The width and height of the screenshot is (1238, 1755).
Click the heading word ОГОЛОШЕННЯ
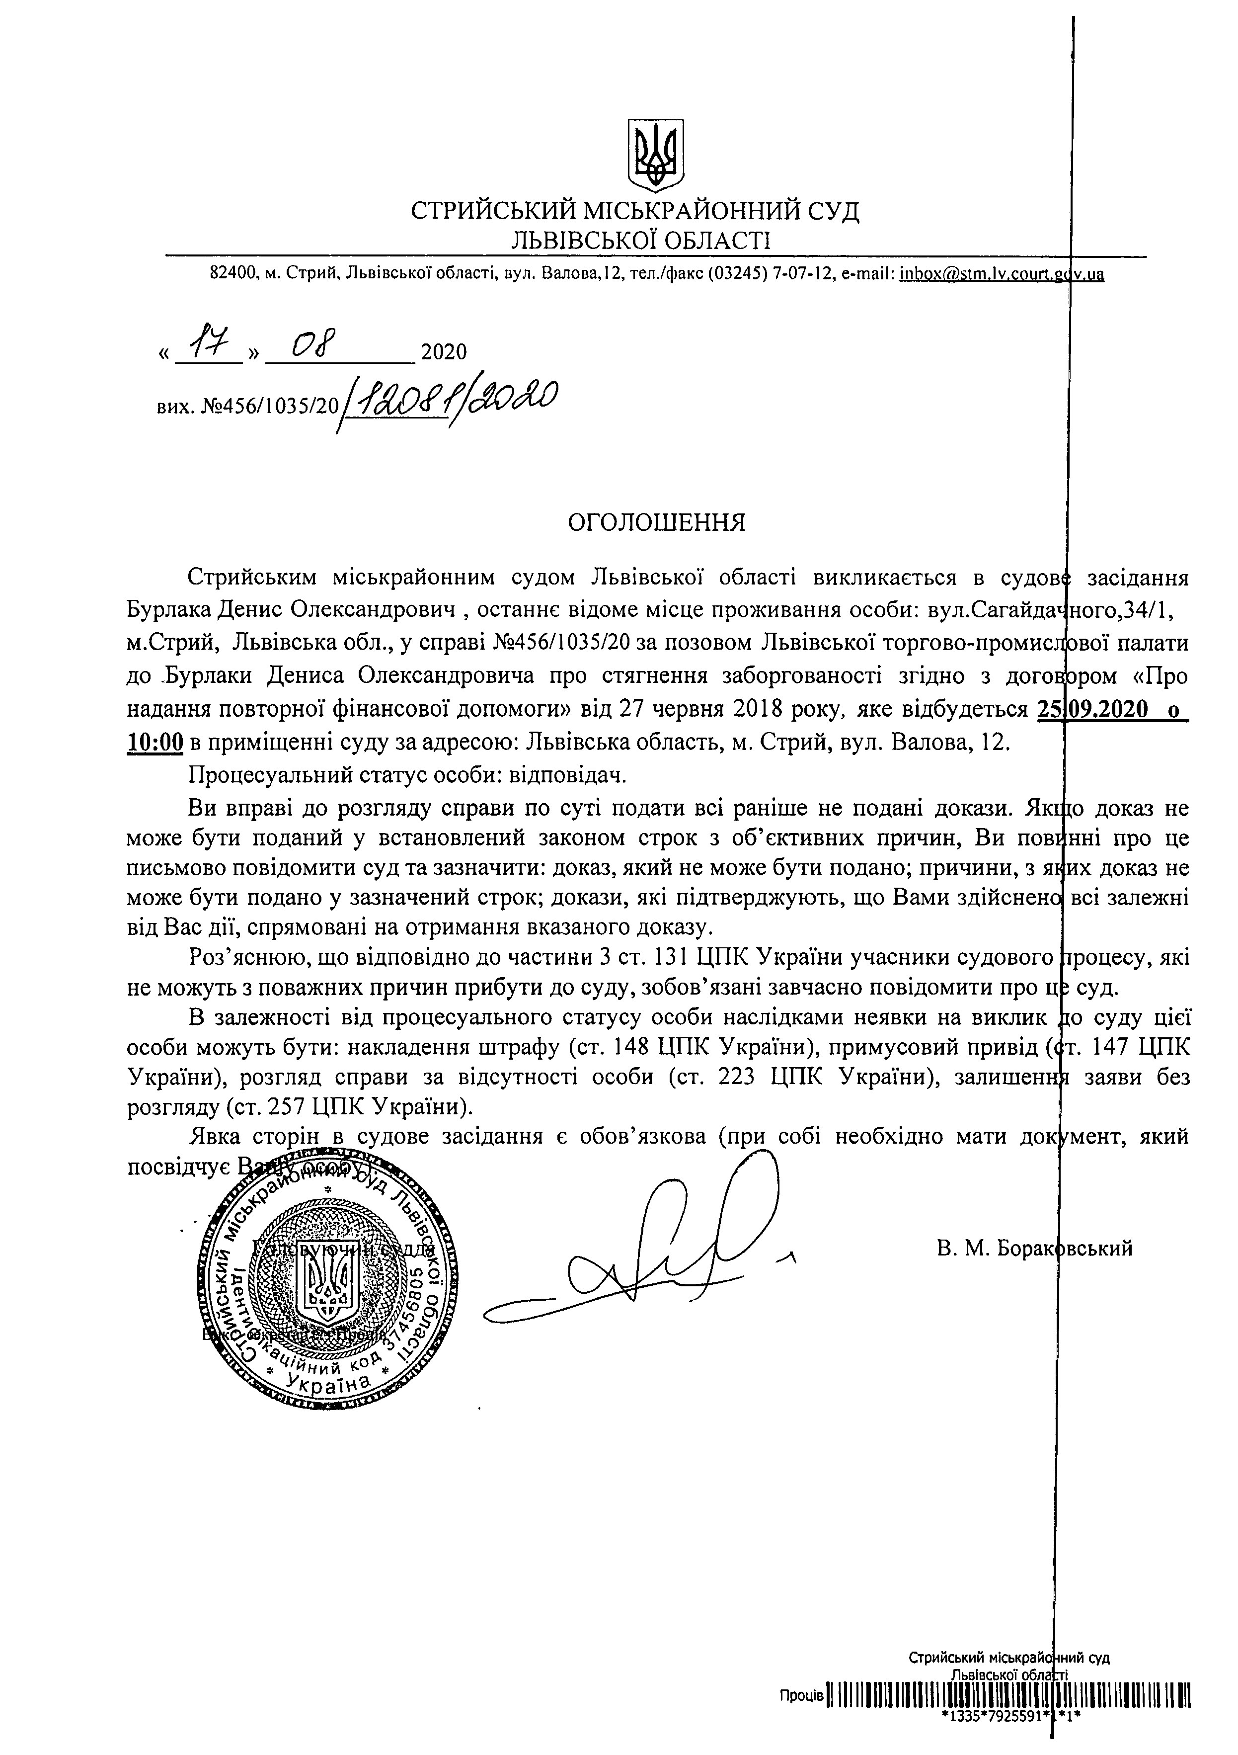point(656,523)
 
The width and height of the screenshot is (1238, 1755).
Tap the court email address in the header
point(1001,274)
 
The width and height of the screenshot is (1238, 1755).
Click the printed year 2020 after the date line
point(443,352)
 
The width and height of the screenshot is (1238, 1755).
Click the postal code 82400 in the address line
point(231,274)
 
